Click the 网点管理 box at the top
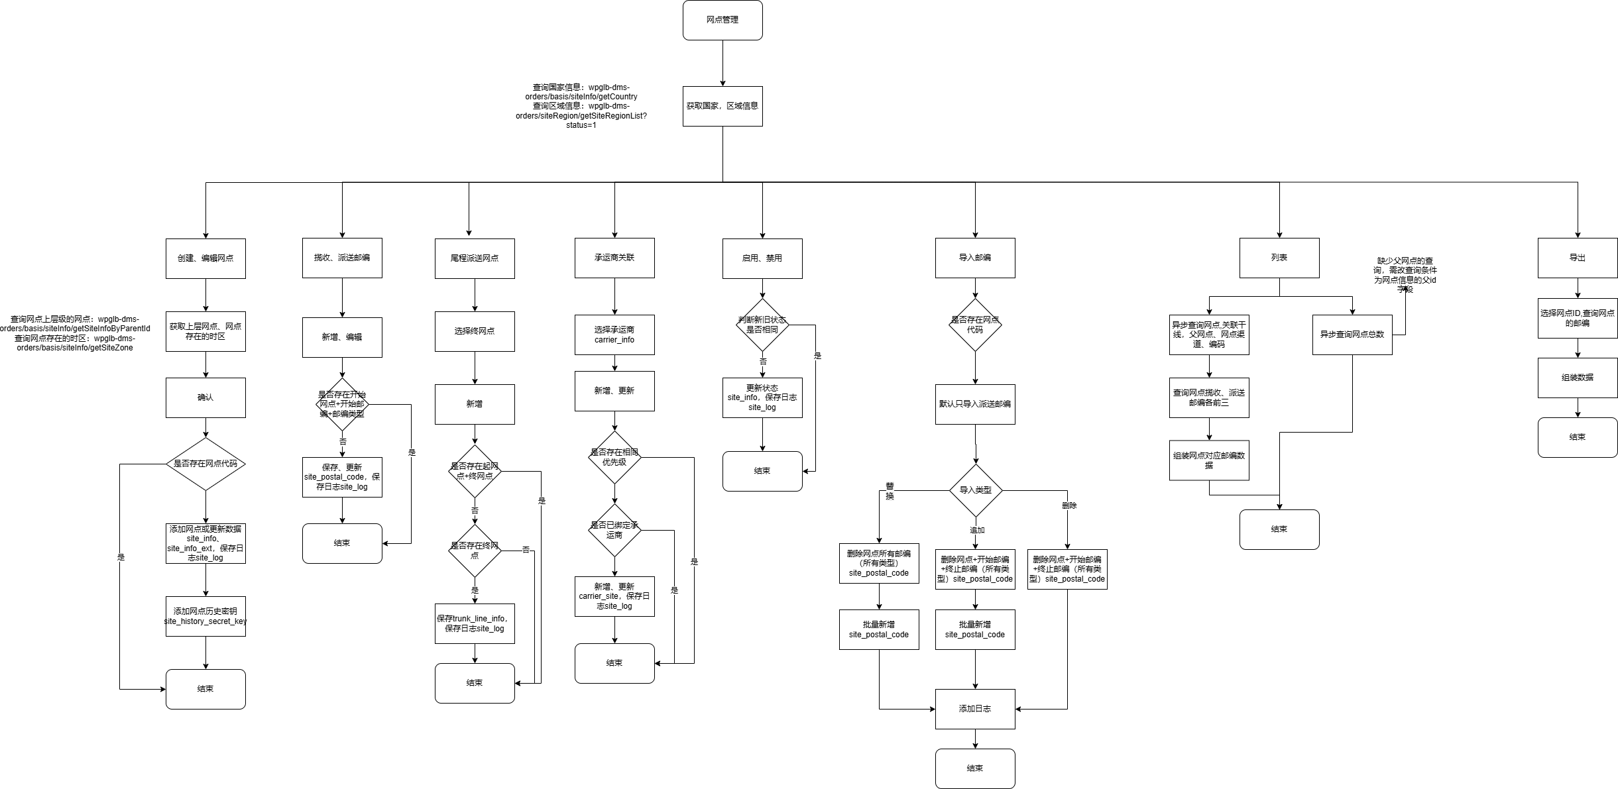coord(722,21)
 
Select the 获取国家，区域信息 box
coord(722,106)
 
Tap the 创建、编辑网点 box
coord(205,258)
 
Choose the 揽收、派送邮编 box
coord(342,258)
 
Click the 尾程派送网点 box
coord(475,258)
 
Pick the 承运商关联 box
coord(614,258)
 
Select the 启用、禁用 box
coord(762,258)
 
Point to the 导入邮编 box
coord(975,258)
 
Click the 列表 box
coord(1279,258)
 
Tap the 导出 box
coord(1578,258)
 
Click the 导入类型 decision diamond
coord(975,490)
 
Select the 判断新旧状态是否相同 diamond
coord(762,325)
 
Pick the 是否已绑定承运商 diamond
coord(614,530)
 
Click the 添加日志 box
coord(975,709)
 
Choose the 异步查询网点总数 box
coord(1352,335)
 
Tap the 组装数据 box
coord(1578,378)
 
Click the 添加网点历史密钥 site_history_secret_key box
coord(205,616)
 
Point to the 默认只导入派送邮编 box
coord(975,404)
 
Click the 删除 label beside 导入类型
coord(1069,505)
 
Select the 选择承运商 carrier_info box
coord(614,335)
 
